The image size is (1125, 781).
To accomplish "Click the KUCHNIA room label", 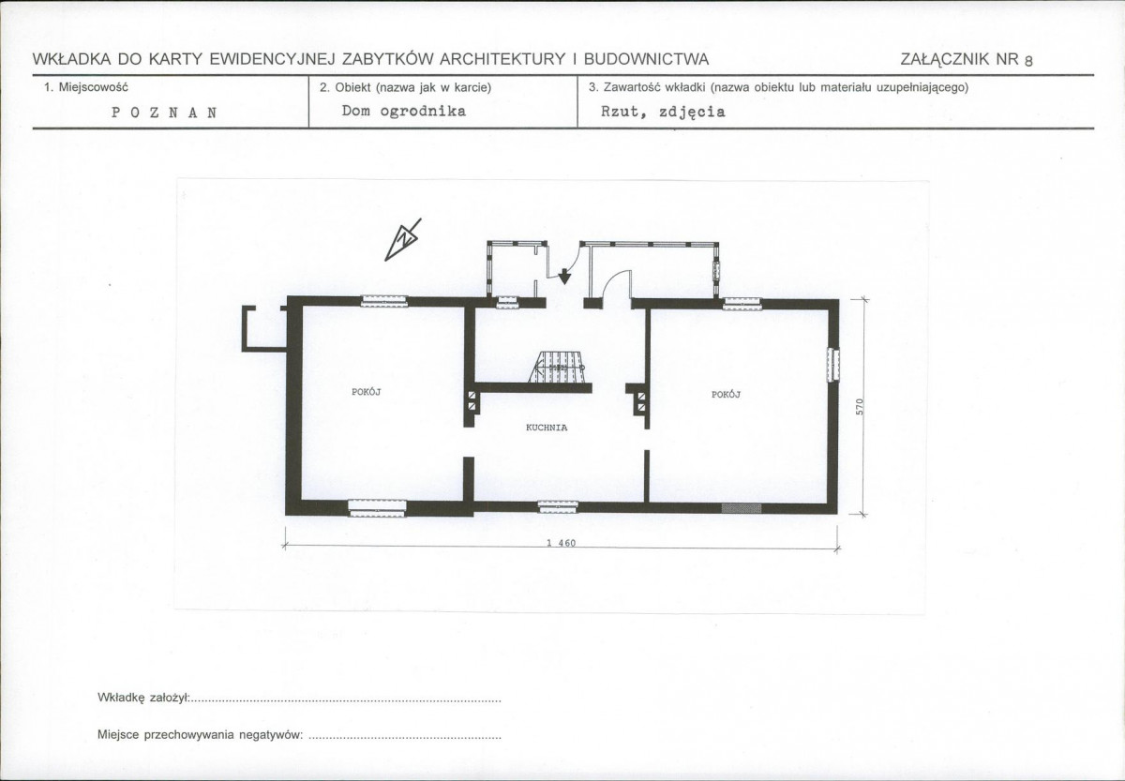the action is tap(547, 428).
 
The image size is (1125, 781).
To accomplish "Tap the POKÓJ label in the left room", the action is tap(367, 392).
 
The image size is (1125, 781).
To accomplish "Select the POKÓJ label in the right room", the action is tap(726, 395).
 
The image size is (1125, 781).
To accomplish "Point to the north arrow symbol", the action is tap(403, 240).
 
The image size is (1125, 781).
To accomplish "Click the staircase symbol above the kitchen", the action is tap(557, 367).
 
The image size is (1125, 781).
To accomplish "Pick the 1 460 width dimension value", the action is tap(561, 543).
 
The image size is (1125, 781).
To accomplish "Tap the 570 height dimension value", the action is tap(860, 407).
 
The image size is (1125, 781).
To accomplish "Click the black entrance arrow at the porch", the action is tap(565, 277).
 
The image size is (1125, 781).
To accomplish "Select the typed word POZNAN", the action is tap(164, 113).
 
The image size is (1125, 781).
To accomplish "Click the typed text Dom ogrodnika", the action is tap(404, 111).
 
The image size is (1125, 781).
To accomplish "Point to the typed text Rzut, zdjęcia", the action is tap(663, 112).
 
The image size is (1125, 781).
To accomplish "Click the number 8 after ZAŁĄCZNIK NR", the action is tap(1028, 61).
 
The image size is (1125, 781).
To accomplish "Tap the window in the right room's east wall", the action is tap(833, 365).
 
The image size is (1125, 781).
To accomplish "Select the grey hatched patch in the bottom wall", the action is tap(742, 508).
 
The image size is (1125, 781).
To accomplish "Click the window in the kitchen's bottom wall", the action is tap(558, 506).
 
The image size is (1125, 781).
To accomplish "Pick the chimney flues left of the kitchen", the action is tap(472, 400).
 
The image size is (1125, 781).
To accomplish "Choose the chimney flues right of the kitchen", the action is tap(641, 402).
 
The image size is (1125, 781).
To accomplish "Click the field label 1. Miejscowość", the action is tap(86, 87).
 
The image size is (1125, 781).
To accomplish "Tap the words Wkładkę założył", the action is tap(143, 698).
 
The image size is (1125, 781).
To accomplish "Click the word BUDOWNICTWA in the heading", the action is tap(646, 59).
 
